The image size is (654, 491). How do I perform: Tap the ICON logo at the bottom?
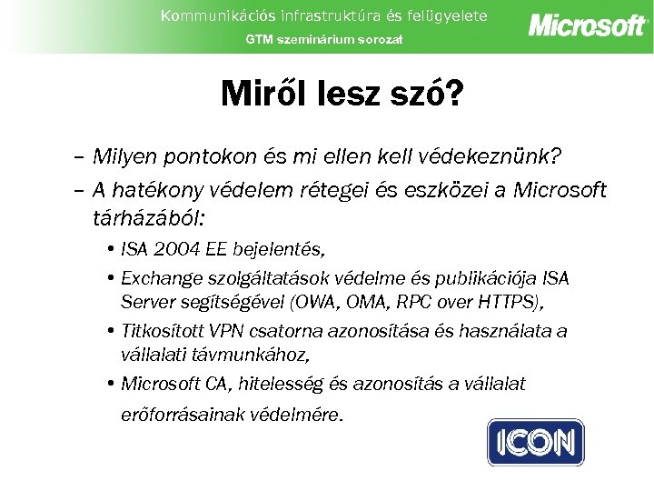(x=536, y=443)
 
